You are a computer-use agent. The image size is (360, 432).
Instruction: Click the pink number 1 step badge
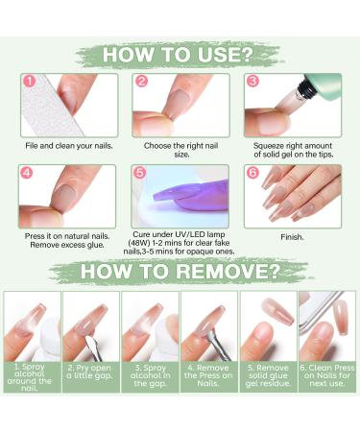[30, 81]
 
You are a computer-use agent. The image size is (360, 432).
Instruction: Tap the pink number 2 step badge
[141, 81]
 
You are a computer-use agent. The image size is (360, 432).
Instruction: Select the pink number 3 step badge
[252, 81]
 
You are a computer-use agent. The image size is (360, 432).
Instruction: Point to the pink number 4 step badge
[27, 173]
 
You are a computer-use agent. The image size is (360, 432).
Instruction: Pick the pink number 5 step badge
[140, 173]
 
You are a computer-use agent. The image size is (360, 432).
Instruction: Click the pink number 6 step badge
[252, 173]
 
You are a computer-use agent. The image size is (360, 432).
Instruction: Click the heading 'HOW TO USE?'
[178, 55]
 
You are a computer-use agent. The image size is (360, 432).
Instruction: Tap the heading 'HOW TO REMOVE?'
[180, 271]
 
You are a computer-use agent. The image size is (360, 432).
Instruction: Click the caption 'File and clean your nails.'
[69, 146]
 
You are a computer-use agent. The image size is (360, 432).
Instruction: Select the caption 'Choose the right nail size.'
[180, 150]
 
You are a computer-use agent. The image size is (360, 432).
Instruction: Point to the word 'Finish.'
[292, 237]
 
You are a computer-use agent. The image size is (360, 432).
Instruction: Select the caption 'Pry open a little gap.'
[90, 372]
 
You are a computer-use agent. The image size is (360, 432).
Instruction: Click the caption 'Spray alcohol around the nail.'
[30, 377]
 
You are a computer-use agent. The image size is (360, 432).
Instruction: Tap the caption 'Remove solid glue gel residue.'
[268, 375]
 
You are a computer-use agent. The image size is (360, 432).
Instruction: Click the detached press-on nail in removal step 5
[277, 312]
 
